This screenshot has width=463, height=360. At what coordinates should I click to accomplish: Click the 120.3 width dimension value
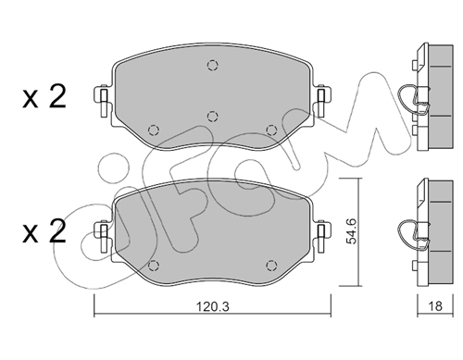click(213, 306)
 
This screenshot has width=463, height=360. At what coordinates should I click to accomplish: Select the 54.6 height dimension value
click(351, 230)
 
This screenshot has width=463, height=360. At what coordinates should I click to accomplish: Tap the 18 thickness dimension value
click(435, 306)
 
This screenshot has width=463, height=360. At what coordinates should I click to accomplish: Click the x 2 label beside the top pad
click(44, 96)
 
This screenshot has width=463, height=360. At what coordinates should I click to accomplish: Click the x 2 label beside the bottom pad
click(44, 231)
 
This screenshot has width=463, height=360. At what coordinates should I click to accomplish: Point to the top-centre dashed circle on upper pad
click(212, 65)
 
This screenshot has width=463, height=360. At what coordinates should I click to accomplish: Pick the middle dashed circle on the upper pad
click(212, 117)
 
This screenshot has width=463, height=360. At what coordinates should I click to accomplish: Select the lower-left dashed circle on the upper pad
click(154, 130)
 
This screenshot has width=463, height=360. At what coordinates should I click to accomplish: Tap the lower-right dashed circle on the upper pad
click(271, 130)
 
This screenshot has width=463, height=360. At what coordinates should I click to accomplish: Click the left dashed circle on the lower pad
click(154, 265)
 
